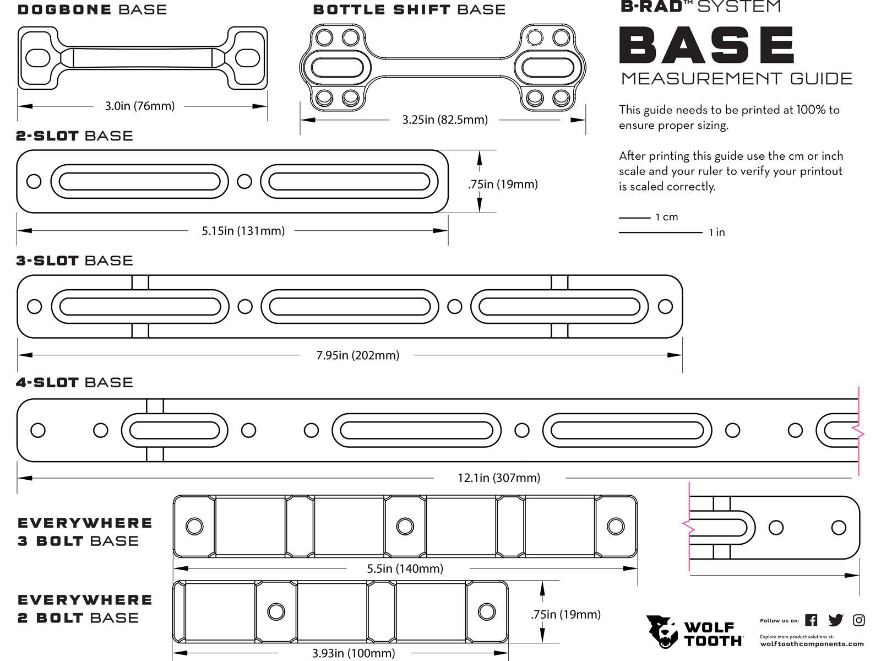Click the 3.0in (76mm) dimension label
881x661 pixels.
point(140,106)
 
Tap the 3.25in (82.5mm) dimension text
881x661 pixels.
point(444,120)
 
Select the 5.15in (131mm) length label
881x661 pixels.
point(243,231)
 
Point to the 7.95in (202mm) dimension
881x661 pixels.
point(357,355)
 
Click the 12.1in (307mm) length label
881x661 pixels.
point(498,478)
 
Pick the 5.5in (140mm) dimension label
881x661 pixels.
point(405,568)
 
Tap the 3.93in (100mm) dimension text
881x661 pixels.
point(353,653)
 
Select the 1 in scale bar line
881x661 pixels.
point(660,232)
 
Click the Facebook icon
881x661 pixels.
point(811,620)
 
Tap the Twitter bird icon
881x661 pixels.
point(835,620)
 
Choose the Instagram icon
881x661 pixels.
point(858,620)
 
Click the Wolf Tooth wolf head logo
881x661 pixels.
point(662,631)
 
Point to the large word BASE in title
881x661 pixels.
point(707,46)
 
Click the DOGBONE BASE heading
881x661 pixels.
point(92,9)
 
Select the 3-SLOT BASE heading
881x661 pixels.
point(74,261)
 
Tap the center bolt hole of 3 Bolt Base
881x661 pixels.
point(405,526)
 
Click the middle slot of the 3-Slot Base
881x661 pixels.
point(350,307)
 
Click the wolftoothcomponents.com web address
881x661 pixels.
point(812,643)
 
